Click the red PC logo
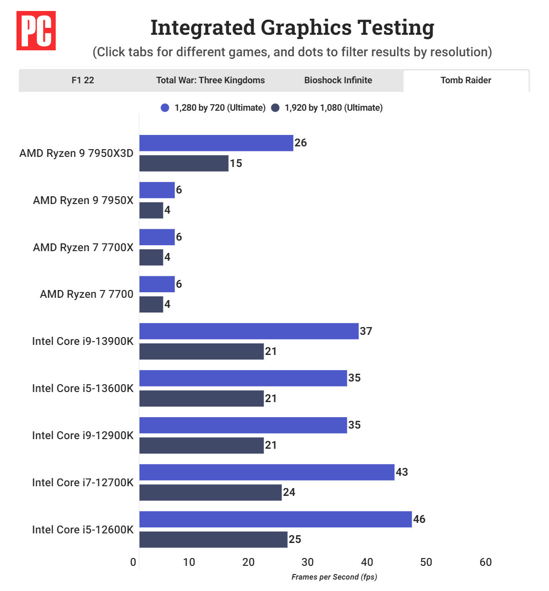click(36, 31)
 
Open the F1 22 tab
click(83, 81)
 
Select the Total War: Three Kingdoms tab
click(210, 81)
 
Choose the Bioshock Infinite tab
click(338, 81)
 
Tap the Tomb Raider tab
click(466, 81)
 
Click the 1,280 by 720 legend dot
click(165, 108)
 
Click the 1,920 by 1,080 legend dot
click(275, 108)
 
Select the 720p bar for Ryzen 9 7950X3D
click(216, 143)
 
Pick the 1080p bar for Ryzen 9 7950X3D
click(184, 163)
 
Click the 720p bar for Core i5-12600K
click(275, 519)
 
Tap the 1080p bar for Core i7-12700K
click(210, 493)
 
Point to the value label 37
click(366, 331)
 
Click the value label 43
click(402, 472)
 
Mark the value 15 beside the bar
click(236, 163)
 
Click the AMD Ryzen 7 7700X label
click(83, 247)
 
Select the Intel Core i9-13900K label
click(83, 341)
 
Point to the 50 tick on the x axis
click(426, 562)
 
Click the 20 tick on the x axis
click(248, 562)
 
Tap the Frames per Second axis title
click(334, 577)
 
